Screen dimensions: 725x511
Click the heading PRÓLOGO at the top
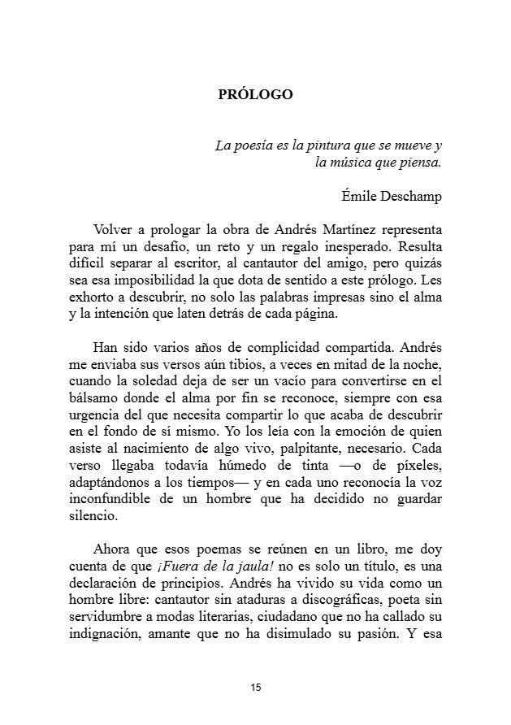pyautogui.click(x=255, y=95)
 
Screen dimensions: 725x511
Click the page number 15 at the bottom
pyautogui.click(x=256, y=688)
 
